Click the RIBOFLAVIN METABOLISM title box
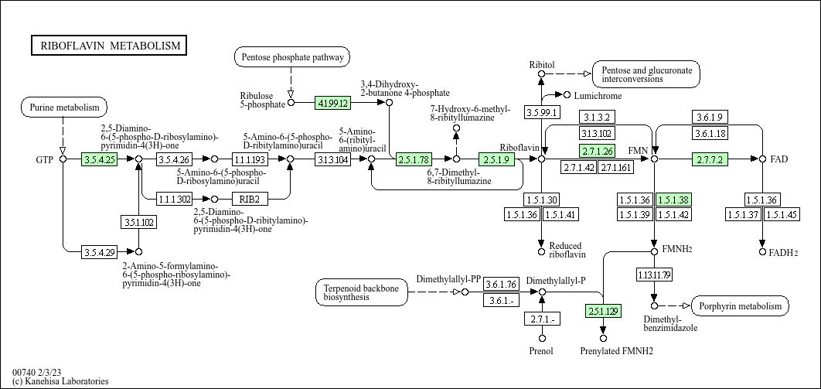[x=109, y=46]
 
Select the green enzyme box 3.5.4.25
[x=98, y=159]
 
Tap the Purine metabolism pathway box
[x=64, y=107]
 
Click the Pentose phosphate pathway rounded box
[x=291, y=56]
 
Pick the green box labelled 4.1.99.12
[x=333, y=102]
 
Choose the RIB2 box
[x=249, y=199]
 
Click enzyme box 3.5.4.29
[x=98, y=251]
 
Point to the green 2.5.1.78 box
[x=414, y=159]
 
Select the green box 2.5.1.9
[x=496, y=159]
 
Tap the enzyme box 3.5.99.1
[x=541, y=113]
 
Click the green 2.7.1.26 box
[x=597, y=151]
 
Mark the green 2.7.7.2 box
[x=710, y=159]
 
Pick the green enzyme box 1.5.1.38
[x=673, y=200]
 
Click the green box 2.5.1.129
[x=603, y=312]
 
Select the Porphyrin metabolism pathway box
[x=741, y=306]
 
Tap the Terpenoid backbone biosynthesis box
[x=362, y=292]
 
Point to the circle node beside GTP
[x=63, y=159]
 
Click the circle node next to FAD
[x=762, y=159]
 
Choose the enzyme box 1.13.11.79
[x=654, y=275]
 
